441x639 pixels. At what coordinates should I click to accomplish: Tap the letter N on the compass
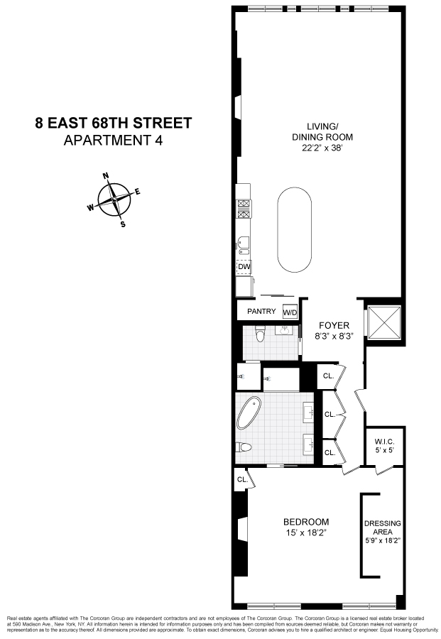pos(106,176)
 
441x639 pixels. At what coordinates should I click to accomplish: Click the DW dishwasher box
pos(244,267)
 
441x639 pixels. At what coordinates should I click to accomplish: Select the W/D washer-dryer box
pos(290,312)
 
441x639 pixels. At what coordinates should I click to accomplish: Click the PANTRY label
pos(261,312)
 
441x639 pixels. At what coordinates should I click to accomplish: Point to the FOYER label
pos(334,326)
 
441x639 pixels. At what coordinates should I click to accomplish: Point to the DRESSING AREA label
pos(383,528)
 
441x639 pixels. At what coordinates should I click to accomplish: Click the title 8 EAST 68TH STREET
pos(114,122)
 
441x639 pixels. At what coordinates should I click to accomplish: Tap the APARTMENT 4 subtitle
pos(114,140)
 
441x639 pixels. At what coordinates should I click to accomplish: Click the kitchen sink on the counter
pos(243,246)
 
